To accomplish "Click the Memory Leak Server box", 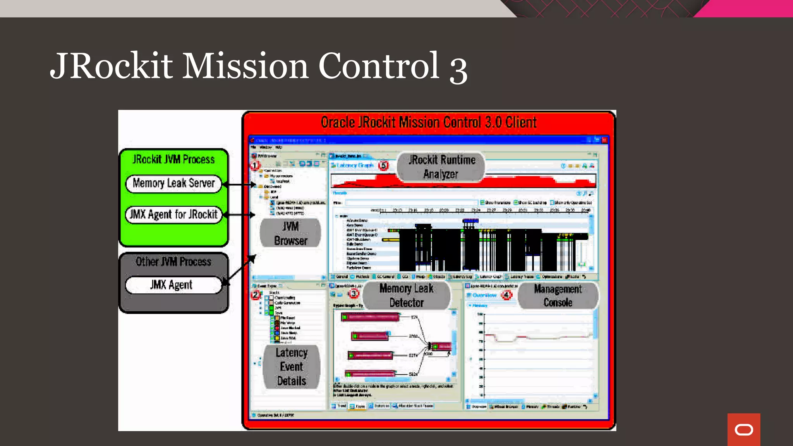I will [x=173, y=184].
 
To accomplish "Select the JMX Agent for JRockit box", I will [x=173, y=214].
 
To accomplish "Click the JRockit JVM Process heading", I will [x=173, y=159].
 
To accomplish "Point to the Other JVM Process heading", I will [x=173, y=262].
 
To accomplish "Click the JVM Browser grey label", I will [x=290, y=233].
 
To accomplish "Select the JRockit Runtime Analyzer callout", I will [x=441, y=167].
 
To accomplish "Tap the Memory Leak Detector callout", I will [x=407, y=295].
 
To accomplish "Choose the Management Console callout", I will [x=558, y=295].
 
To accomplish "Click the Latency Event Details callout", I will [x=292, y=367].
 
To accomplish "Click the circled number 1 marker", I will [x=255, y=166].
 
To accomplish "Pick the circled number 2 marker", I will [x=256, y=295].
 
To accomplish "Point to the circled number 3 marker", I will [x=354, y=294].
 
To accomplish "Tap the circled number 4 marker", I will [x=506, y=295].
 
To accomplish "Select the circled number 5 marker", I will [x=383, y=166].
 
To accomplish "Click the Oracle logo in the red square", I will [x=743, y=429].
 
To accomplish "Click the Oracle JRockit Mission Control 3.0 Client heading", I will [x=429, y=122].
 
